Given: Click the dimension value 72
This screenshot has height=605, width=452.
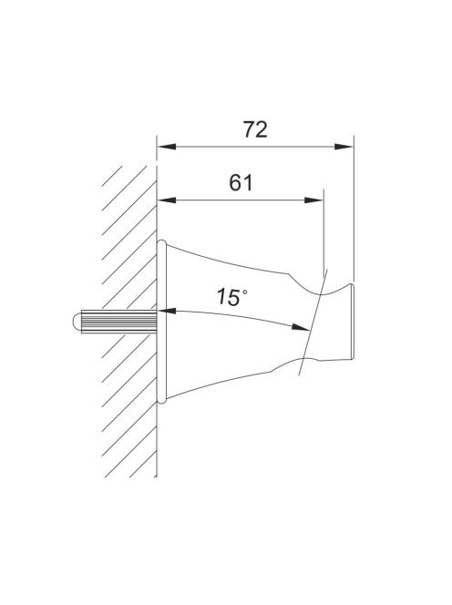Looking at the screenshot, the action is (x=255, y=129).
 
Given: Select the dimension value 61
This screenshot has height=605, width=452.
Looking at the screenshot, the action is (x=241, y=183).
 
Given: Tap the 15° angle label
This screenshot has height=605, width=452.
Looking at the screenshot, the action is (x=231, y=297).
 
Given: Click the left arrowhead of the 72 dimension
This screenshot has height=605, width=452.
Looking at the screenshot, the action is (x=167, y=147).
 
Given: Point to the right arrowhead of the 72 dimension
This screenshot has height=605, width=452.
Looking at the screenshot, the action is (x=344, y=147).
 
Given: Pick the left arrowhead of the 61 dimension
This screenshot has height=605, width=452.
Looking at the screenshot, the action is (x=167, y=200).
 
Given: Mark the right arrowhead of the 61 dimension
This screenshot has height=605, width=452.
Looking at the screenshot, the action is (x=313, y=200).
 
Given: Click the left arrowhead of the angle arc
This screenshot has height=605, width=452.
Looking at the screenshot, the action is (x=167, y=311).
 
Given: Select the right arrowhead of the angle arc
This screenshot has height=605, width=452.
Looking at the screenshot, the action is (x=301, y=327).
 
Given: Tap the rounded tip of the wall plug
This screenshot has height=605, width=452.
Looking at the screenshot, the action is (x=76, y=322).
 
